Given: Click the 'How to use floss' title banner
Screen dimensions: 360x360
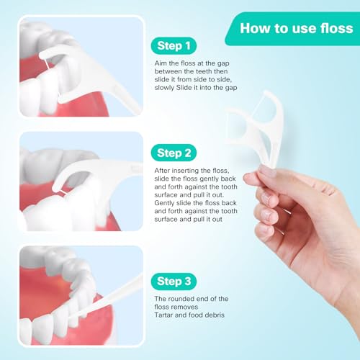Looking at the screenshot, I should pos(295,29).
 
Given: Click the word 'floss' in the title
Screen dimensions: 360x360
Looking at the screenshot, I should pos(336,29).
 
